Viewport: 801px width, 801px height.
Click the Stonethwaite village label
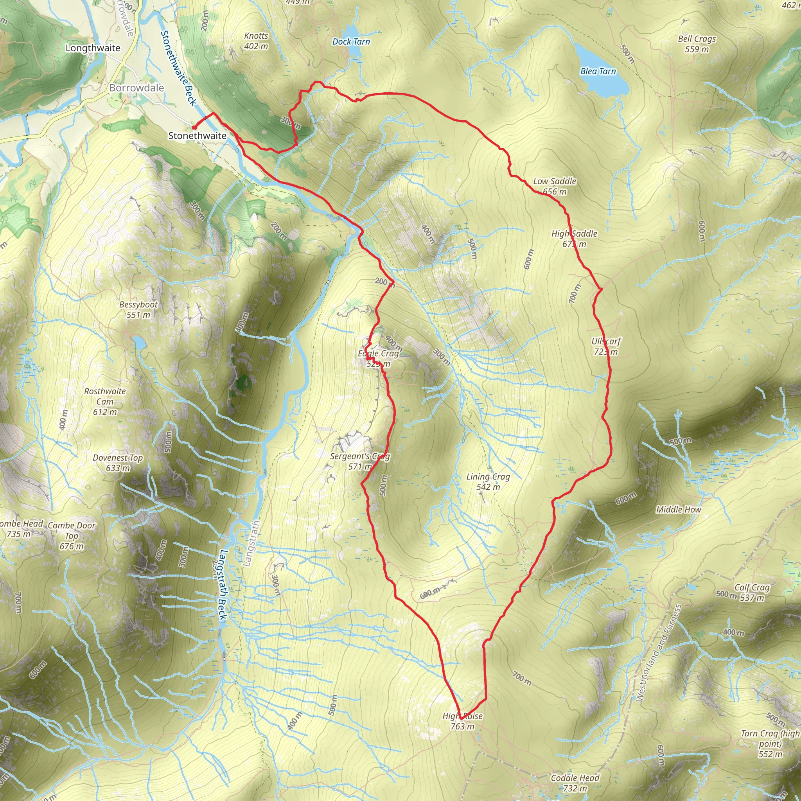198,136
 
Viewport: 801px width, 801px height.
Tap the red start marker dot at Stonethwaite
194,127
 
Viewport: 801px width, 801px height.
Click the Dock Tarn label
351,41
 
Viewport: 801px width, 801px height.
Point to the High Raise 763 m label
462,721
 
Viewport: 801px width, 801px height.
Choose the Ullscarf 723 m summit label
606,347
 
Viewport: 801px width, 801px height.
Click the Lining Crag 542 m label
488,482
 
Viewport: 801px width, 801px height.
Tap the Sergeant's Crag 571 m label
359,461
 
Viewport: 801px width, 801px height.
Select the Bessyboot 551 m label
138,309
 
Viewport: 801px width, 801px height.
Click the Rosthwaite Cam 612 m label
105,401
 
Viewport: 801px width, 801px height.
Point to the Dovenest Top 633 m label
118,463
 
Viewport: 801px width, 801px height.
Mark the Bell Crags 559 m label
697,43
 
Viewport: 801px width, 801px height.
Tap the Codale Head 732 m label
575,783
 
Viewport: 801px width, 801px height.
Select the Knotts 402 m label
256,41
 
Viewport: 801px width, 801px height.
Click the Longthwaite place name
93,48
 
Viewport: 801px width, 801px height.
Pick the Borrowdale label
136,88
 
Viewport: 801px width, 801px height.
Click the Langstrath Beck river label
223,585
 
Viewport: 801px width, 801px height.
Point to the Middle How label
678,510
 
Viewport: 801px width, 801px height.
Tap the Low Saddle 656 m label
554,186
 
